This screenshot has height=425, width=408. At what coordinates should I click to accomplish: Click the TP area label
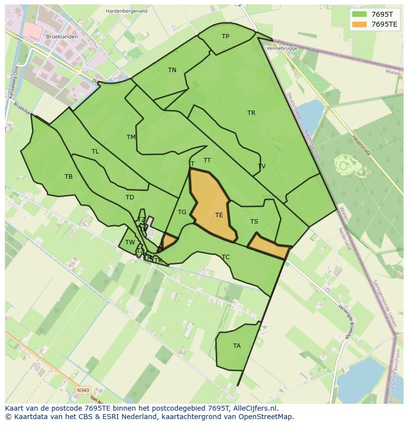tap(225, 37)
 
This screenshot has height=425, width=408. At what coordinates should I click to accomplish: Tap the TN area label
tap(172, 70)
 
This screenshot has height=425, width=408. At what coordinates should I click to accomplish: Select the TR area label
tap(251, 113)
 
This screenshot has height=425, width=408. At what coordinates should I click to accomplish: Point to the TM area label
tap(131, 137)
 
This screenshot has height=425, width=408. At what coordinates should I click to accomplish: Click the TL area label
tap(95, 152)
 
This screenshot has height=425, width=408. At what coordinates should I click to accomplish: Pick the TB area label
tap(68, 177)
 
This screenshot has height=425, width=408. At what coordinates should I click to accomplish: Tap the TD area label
tap(130, 197)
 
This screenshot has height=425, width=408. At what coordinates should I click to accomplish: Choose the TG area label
tap(182, 212)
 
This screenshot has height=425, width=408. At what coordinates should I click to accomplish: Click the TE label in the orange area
tap(219, 215)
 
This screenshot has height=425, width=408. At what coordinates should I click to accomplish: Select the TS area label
tap(254, 222)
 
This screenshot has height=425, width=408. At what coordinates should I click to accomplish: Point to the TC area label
tap(226, 257)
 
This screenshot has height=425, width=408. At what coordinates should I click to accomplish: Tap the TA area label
tap(237, 346)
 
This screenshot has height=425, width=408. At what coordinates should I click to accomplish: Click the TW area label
tap(130, 242)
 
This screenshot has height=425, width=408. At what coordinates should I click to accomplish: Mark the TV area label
tap(262, 166)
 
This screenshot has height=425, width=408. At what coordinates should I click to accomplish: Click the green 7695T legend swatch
tap(359, 14)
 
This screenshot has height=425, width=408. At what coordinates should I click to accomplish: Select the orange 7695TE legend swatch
tap(359, 24)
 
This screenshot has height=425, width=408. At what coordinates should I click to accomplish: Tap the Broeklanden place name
tap(62, 37)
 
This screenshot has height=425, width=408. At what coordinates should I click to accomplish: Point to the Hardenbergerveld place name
tap(127, 11)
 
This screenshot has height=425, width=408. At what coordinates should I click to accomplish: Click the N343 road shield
tap(83, 390)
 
